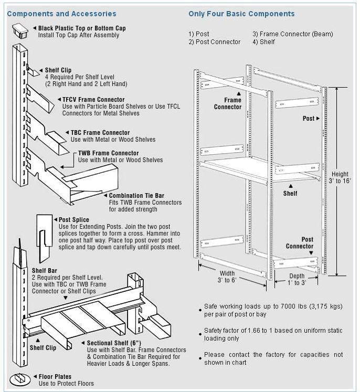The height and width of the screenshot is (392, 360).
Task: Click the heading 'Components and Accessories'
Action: pos(61,14)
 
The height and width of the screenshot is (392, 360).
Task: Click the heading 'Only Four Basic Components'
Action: pos(241,14)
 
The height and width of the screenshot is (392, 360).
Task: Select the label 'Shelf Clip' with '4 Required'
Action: pos(58,70)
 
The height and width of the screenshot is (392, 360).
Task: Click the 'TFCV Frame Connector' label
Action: pos(93,99)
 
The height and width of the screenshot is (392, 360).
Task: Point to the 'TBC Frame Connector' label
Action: pos(100,133)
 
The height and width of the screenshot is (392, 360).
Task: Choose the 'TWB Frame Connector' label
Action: pos(108,153)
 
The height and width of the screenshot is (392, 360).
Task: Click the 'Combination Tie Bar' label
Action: pos(138,196)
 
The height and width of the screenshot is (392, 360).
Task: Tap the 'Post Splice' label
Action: pos(74,219)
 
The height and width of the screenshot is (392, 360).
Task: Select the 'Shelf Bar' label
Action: pos(45,271)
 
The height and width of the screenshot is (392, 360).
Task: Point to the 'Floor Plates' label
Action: pos(55,376)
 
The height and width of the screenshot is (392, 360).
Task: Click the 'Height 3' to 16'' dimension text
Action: pos(340,177)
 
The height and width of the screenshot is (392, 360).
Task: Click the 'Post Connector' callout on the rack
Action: pos(300,242)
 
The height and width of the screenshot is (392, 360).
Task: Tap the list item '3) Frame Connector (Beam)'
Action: pos(292,34)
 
